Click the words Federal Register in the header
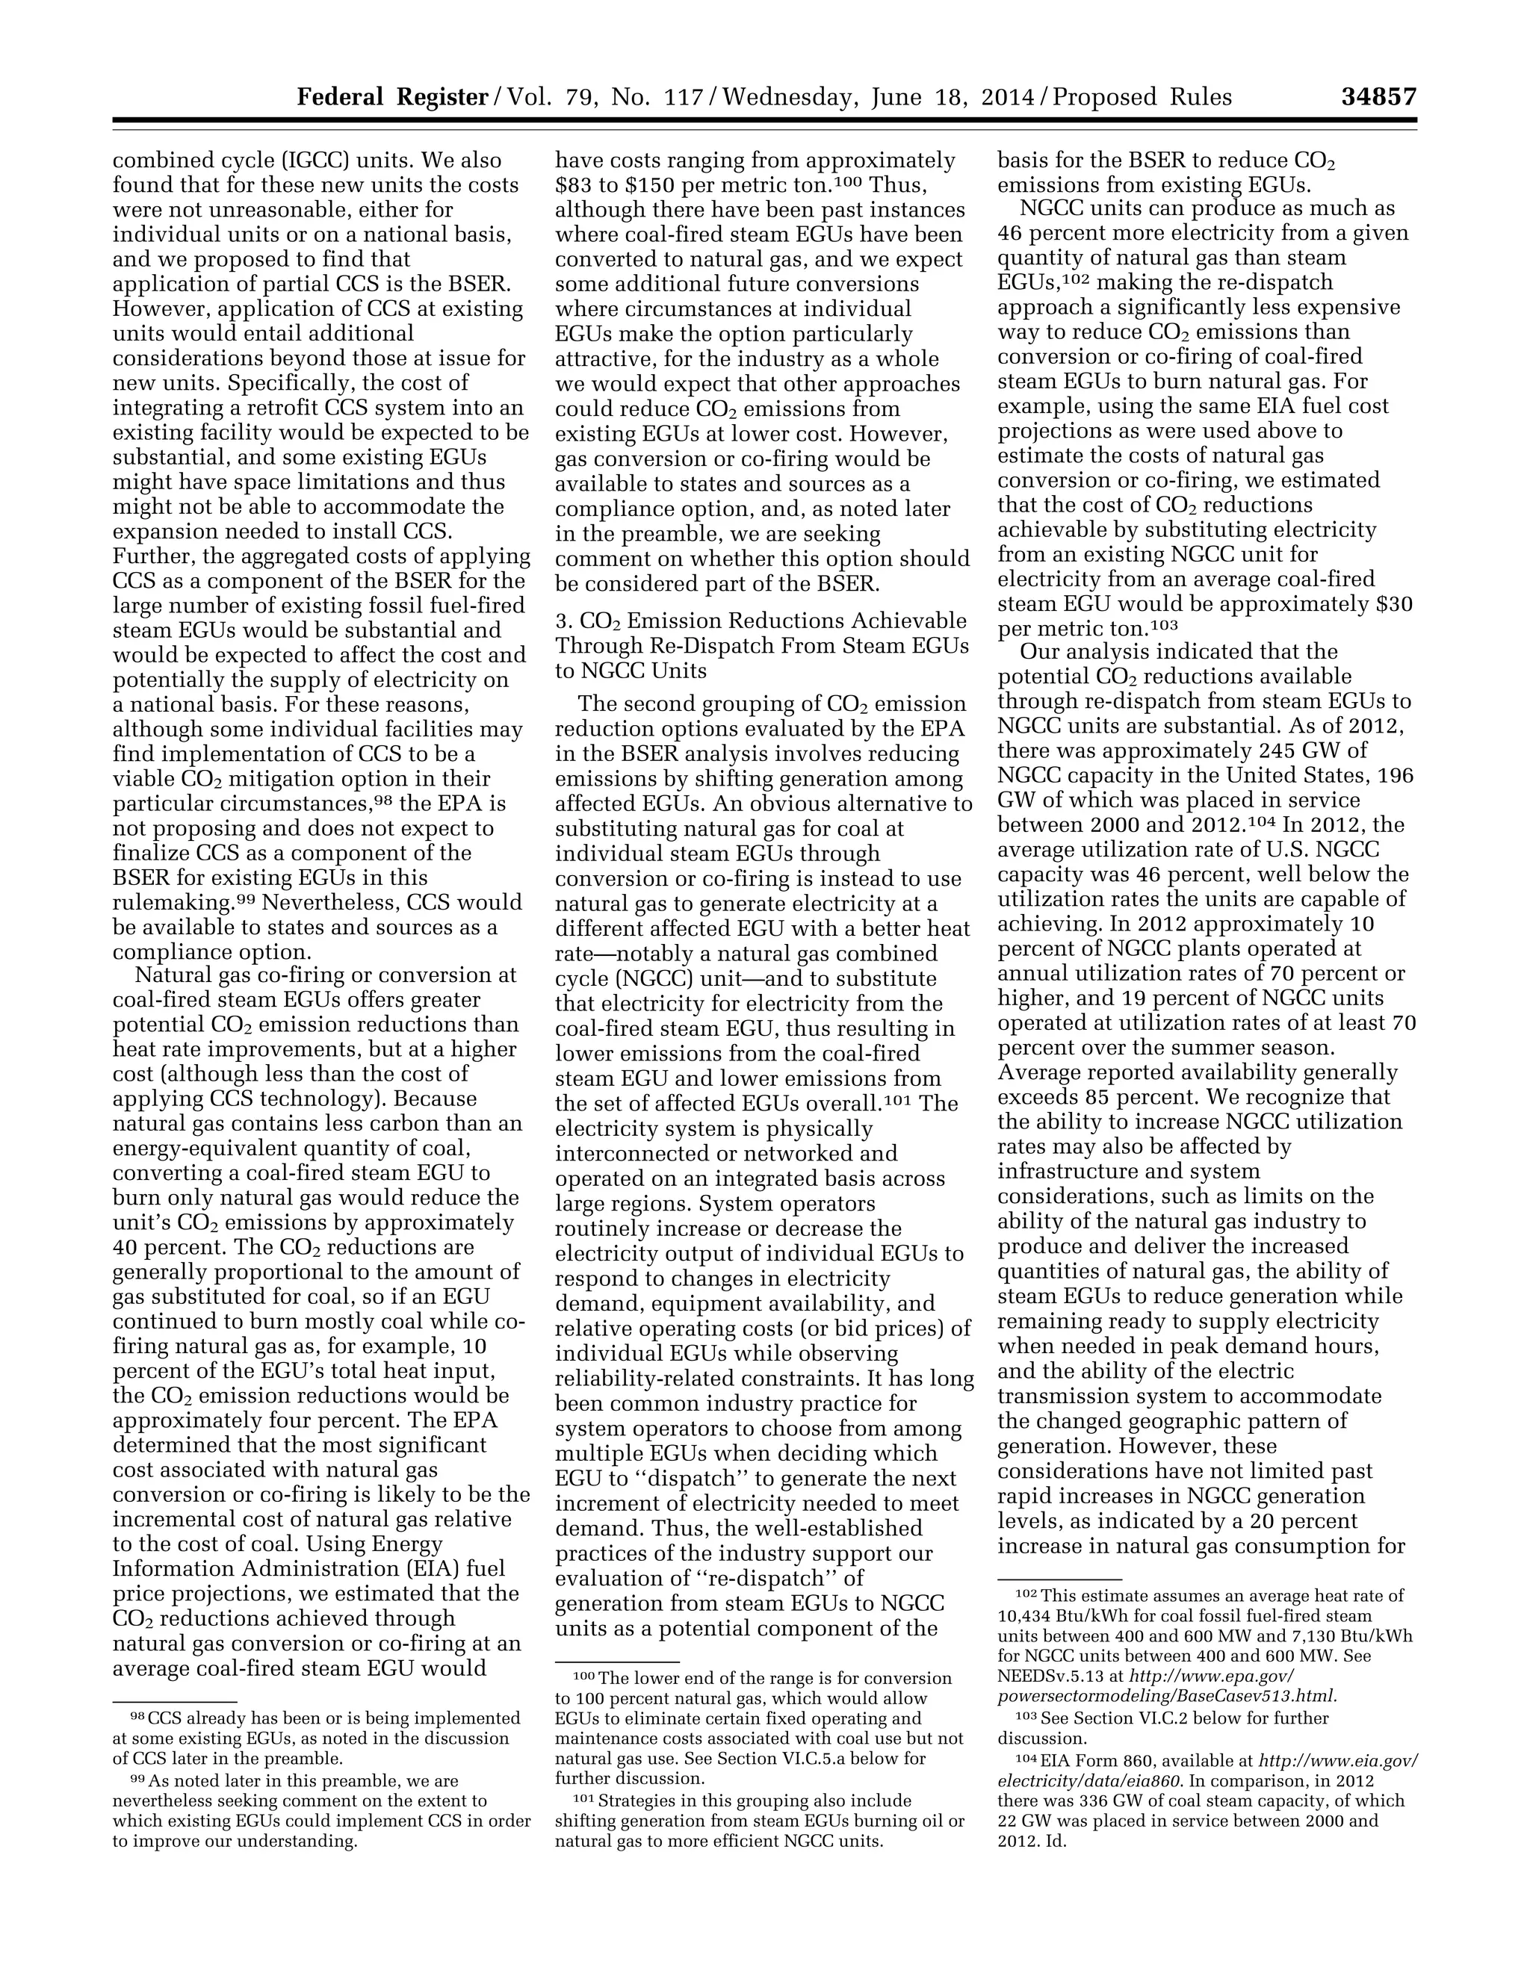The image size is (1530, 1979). pos(392,97)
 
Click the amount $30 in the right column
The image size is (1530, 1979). pos(1393,603)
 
